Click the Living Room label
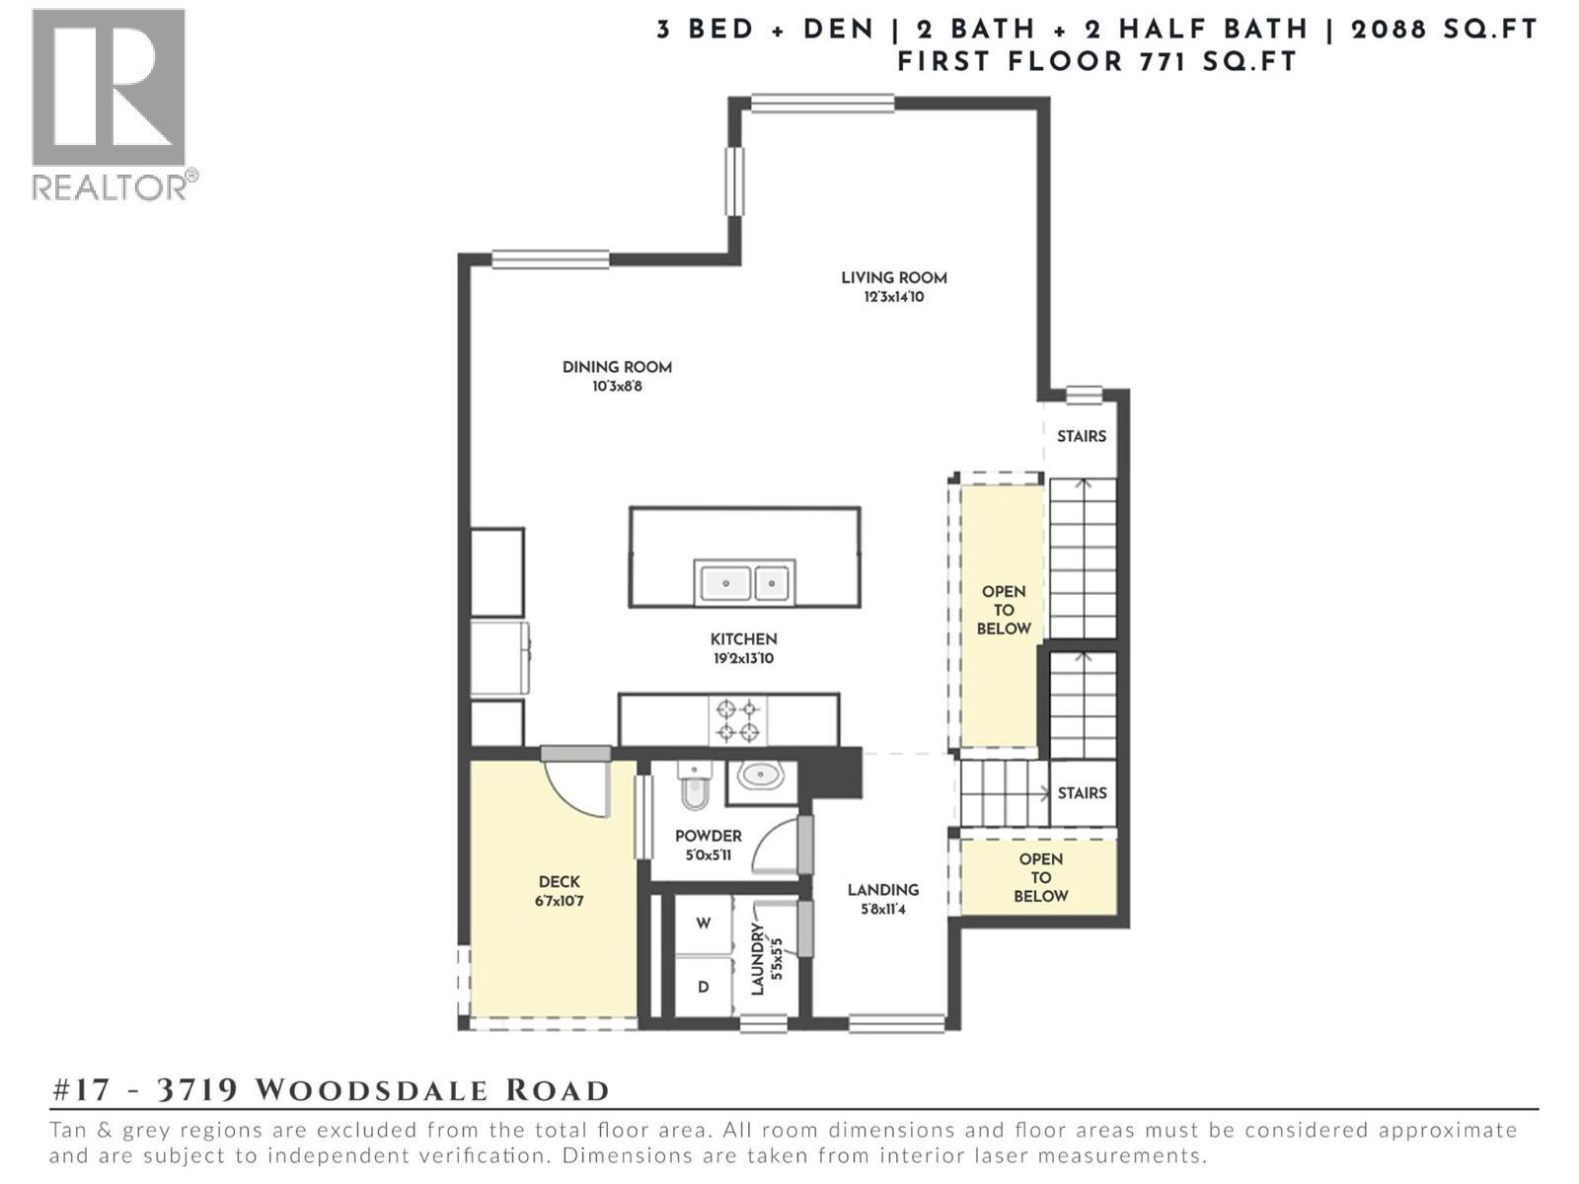coord(893,278)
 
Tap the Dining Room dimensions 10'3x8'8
coord(617,387)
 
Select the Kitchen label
coord(743,639)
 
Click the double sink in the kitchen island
coord(744,582)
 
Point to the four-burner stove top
coord(738,720)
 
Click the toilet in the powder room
coord(695,786)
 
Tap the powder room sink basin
coord(761,777)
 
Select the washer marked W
coord(703,924)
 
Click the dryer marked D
coord(703,987)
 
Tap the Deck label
coord(559,882)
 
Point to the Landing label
coord(882,890)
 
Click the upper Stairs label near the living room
coord(1081,436)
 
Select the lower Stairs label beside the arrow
coord(1082,793)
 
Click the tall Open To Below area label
coord(1003,610)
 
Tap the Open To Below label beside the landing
coord(1040,877)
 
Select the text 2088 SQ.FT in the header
coord(1443,30)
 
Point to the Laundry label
coord(758,959)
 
